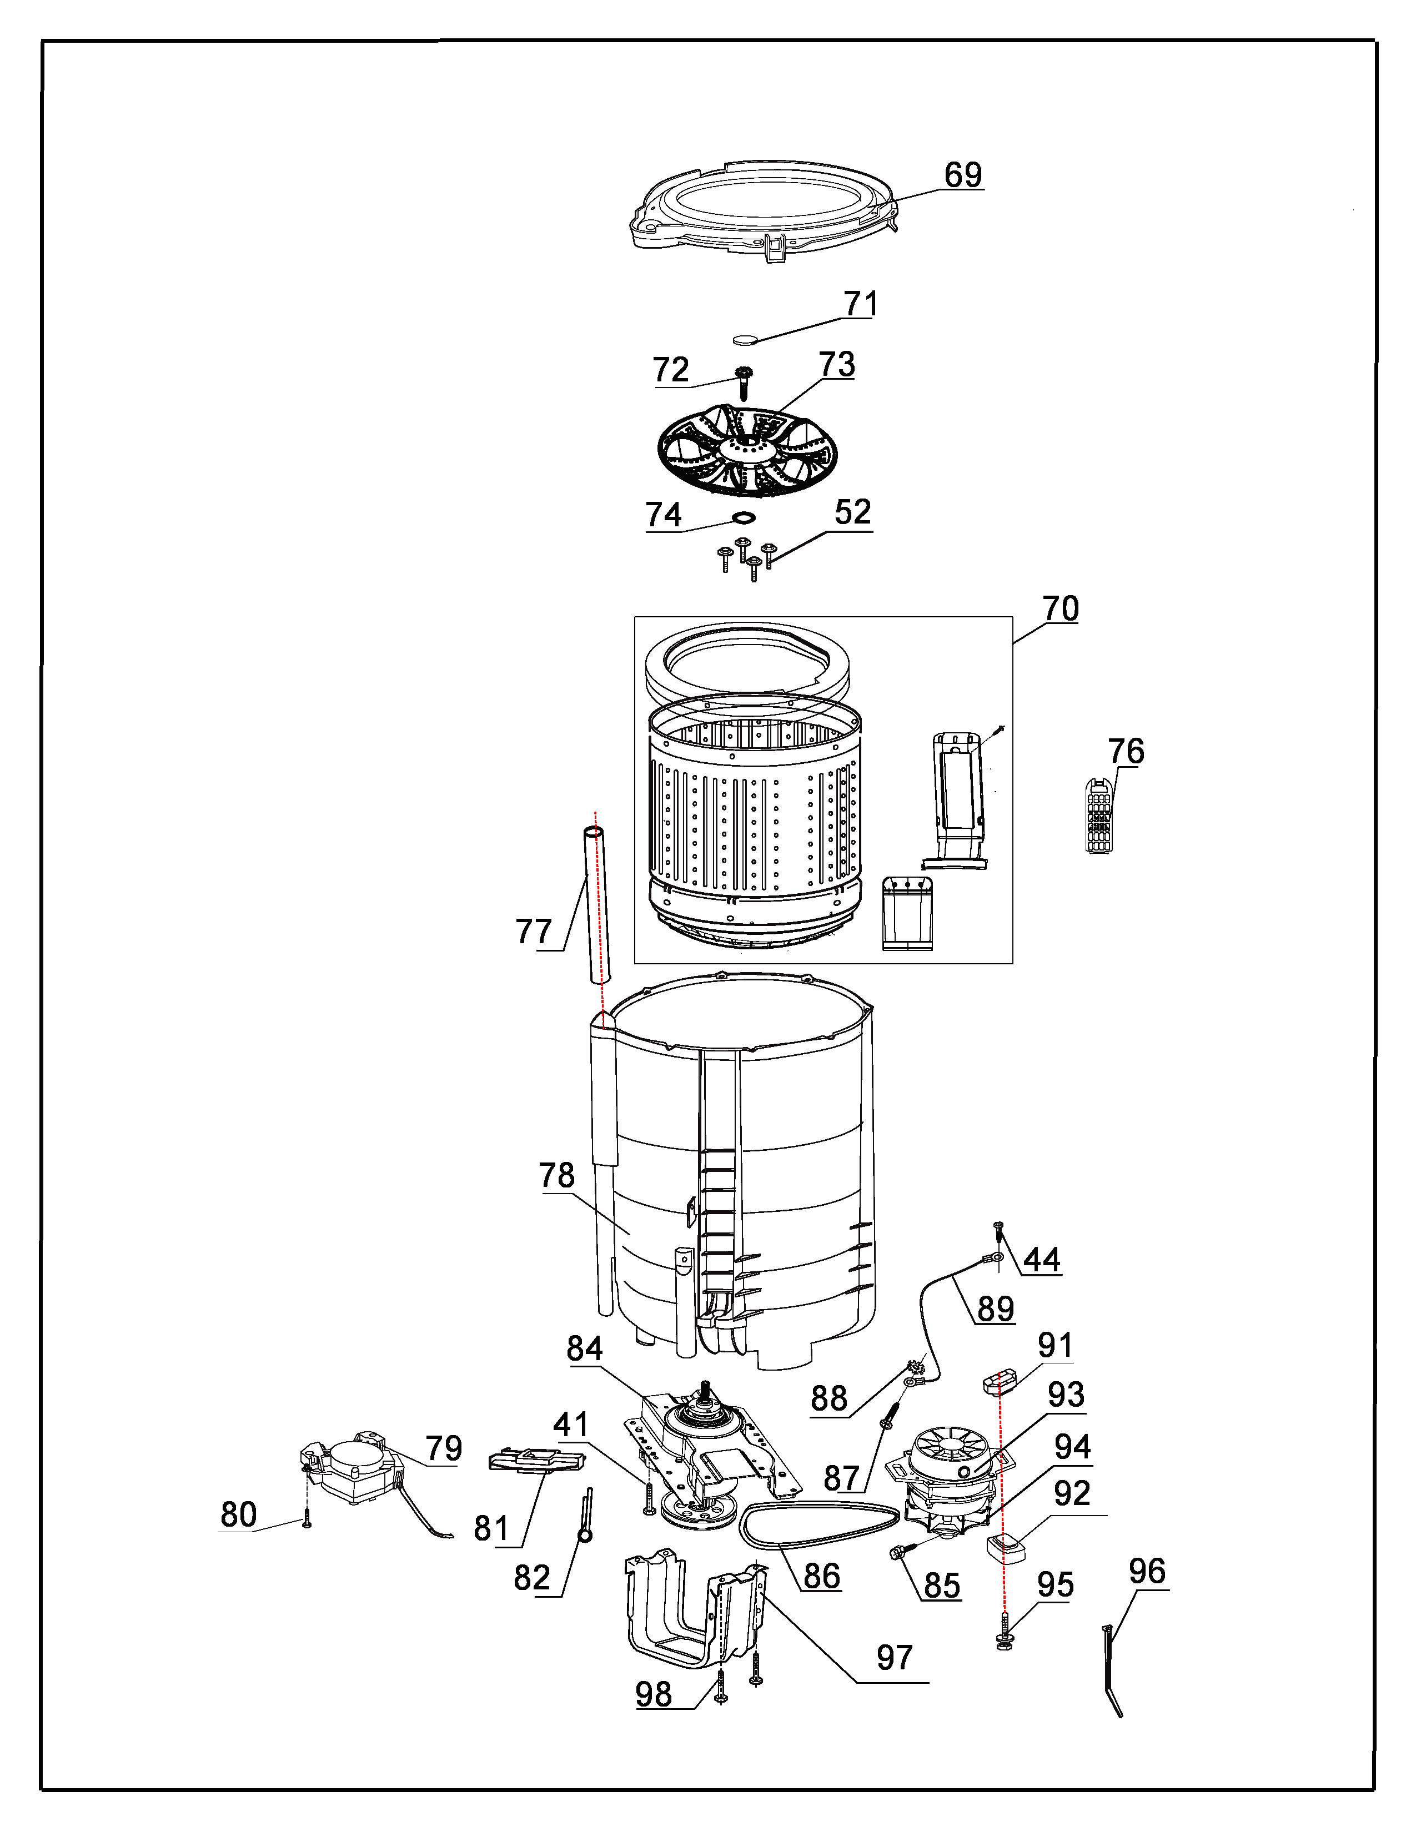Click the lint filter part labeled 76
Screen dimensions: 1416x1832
[1099, 814]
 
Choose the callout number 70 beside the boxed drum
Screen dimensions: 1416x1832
[1060, 608]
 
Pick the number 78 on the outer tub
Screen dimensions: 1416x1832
[557, 1175]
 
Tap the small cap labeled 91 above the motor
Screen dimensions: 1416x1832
[999, 1380]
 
